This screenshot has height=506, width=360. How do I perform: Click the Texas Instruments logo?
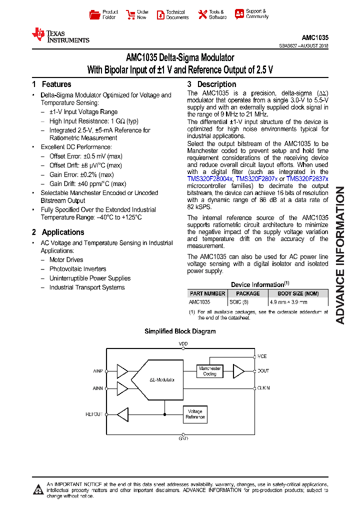pos(60,35)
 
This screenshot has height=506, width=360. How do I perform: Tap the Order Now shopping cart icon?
pos(130,14)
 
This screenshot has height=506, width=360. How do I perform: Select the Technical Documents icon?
pos(160,14)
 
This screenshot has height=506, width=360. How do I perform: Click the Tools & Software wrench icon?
pos(202,14)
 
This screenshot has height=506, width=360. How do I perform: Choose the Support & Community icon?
pos(239,14)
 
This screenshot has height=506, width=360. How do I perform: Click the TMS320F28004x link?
pos(210,178)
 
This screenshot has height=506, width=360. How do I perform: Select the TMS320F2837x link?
pos(307,178)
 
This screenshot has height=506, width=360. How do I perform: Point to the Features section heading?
pos(51,84)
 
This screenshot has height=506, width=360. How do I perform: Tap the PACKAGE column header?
pos(247,293)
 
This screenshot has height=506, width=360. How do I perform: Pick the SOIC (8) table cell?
pos(238,302)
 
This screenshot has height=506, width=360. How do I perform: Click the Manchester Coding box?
pos(209,371)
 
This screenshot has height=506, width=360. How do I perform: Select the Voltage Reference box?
pos(195,414)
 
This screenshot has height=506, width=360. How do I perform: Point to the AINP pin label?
pos(97,371)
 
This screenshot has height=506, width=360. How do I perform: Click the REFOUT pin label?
pos(94,414)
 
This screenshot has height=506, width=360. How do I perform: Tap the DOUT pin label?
pos(263,371)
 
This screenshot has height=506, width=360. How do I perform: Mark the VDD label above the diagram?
pos(183,344)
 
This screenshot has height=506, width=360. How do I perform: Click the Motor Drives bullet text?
pos(66,260)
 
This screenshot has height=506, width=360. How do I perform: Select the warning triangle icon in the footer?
pos(38,489)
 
